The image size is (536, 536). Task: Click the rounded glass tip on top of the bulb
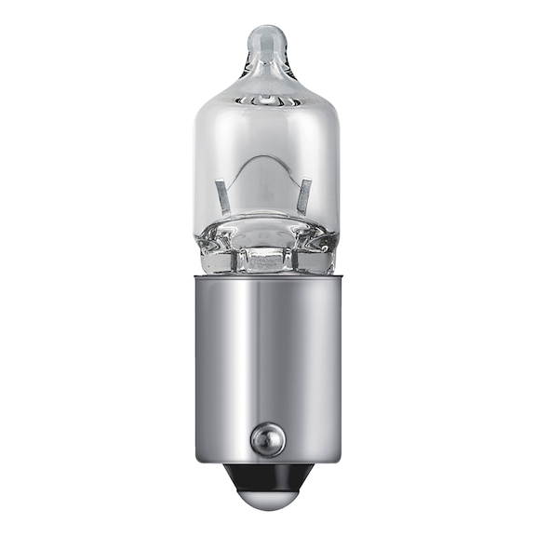(268, 41)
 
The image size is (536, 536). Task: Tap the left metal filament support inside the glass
(223, 195)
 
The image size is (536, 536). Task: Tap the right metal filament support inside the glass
(303, 195)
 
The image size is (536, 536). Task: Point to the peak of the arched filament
(265, 160)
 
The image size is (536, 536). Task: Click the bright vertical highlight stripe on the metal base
(244, 372)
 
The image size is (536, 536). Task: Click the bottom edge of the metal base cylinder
(268, 461)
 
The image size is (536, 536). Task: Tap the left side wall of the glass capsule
(198, 167)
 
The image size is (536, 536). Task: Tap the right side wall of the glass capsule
(337, 167)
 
